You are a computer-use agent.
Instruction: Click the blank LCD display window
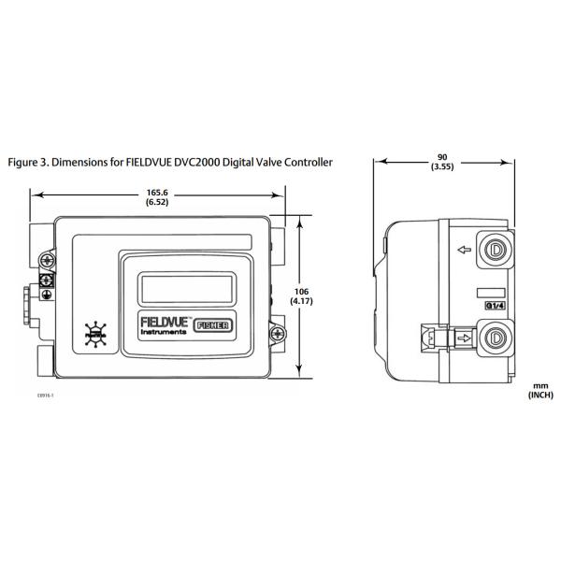point(186,286)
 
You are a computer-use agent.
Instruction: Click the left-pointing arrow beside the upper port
point(461,250)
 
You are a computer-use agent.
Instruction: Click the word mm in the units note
point(539,384)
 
